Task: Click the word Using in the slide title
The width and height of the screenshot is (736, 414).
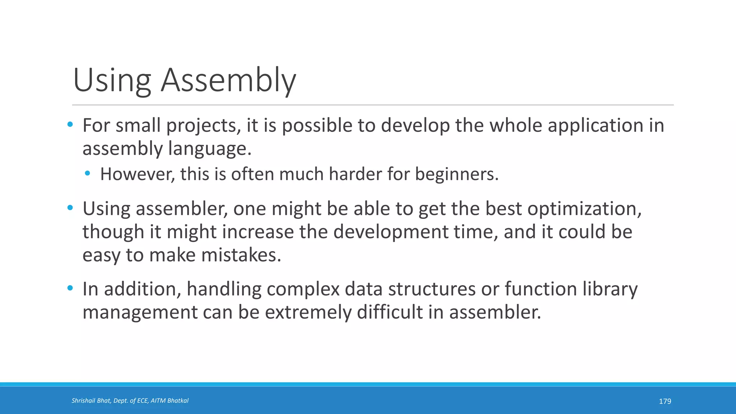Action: click(x=112, y=80)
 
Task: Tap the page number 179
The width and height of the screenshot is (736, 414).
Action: click(x=665, y=401)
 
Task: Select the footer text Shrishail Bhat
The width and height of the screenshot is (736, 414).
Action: click(x=91, y=401)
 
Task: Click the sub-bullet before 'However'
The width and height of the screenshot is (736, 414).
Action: click(x=88, y=174)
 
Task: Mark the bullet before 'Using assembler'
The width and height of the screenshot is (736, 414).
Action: click(x=70, y=208)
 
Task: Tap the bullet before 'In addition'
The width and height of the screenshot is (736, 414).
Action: click(x=70, y=288)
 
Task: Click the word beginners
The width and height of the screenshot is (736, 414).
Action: click(x=457, y=175)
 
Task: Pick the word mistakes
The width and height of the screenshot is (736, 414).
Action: click(x=241, y=255)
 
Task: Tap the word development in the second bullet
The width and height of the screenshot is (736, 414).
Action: click(x=390, y=232)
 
